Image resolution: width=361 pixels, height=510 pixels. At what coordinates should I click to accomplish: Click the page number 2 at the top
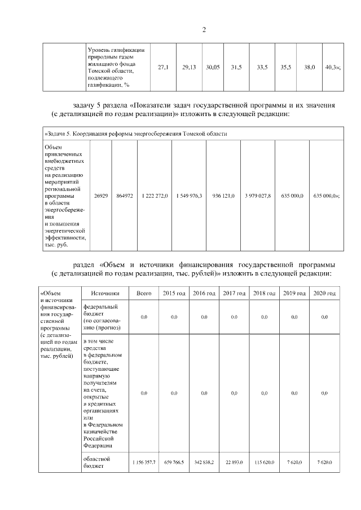point(204,30)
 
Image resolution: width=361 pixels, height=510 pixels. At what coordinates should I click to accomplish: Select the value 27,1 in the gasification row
point(163,67)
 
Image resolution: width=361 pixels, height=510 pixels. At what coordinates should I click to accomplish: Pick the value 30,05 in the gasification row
point(213,67)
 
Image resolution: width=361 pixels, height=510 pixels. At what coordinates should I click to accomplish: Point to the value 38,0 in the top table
point(309,67)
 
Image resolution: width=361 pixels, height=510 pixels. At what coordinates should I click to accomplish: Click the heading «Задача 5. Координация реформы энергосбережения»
point(135,134)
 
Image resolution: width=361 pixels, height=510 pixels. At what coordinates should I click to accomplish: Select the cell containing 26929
point(100,195)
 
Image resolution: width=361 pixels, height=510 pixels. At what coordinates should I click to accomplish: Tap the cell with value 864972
point(124,195)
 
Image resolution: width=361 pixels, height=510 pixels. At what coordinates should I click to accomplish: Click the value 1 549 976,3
point(189,195)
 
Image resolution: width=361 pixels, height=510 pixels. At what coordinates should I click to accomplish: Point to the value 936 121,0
point(223,195)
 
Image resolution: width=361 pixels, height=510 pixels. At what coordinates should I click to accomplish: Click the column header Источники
point(105,293)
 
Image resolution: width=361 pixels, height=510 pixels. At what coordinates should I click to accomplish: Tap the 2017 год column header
point(234,293)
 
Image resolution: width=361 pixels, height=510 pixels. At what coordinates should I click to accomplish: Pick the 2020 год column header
point(324,293)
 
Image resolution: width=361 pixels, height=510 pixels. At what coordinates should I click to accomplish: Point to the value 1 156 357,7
point(144,462)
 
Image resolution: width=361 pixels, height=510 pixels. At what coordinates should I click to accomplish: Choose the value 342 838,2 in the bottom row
point(204,462)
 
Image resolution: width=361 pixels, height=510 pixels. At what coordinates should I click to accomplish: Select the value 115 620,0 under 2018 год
point(264,462)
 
